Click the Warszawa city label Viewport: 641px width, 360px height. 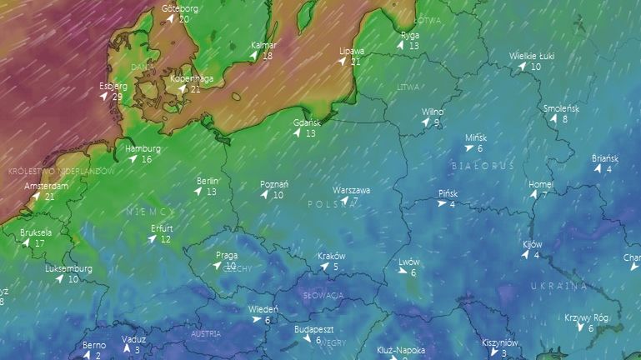(351, 190)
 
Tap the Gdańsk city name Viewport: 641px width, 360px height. (307, 122)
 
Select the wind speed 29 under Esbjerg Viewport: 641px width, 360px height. (117, 97)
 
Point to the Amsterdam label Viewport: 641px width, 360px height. (46, 186)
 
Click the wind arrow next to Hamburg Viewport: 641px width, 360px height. (133, 159)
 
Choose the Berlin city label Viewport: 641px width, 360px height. (208, 181)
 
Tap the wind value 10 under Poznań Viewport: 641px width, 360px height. (278, 195)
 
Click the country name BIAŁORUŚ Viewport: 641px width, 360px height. (483, 166)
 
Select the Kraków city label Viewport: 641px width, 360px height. (332, 256)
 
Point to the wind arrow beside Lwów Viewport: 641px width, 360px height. (401, 272)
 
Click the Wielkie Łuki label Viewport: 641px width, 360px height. (532, 57)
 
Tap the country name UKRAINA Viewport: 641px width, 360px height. (558, 286)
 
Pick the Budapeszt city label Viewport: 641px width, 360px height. (314, 329)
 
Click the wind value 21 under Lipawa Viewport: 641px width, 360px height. (356, 62)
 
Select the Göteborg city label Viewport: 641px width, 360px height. (180, 8)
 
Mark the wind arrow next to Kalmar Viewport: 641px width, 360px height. (253, 56)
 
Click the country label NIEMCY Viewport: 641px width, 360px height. (150, 212)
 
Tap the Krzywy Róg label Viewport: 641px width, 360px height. (586, 317)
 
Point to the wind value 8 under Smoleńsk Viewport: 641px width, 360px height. (564, 119)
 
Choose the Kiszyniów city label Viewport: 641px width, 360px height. (500, 342)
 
